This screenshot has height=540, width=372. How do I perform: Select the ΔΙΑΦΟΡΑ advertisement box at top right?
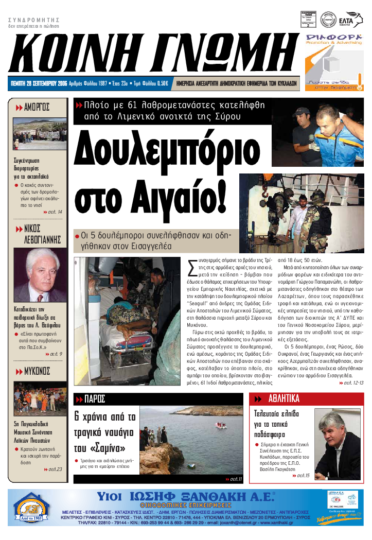click(334, 62)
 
